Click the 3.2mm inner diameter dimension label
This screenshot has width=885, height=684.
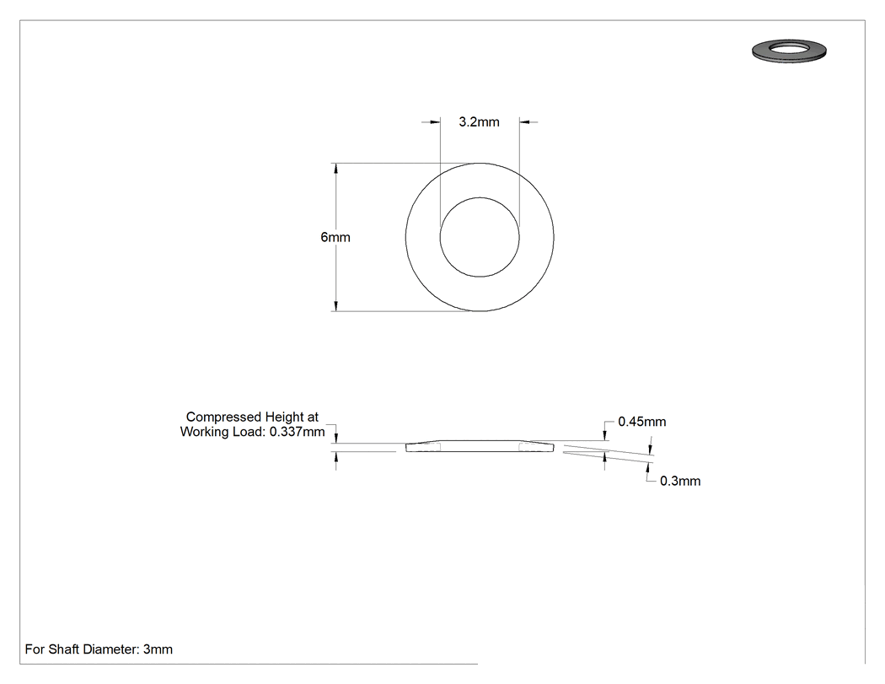point(479,122)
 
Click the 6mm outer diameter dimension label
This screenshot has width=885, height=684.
point(335,237)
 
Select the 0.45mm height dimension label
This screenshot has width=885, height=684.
point(641,422)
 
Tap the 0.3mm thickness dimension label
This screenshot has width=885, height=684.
point(680,482)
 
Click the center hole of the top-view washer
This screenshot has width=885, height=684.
point(480,237)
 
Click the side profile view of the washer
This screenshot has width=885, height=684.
point(480,446)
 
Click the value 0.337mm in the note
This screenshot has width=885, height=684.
point(297,432)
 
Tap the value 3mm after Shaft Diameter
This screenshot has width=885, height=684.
point(158,649)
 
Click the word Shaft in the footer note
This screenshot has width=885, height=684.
point(63,649)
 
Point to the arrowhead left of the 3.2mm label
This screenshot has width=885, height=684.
point(435,121)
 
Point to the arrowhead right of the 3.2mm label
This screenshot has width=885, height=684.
point(524,121)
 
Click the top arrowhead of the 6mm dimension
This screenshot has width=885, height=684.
point(335,169)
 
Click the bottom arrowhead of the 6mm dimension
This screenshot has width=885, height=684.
point(335,305)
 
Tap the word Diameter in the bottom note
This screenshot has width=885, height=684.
point(110,649)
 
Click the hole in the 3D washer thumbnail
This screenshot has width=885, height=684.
point(790,47)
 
